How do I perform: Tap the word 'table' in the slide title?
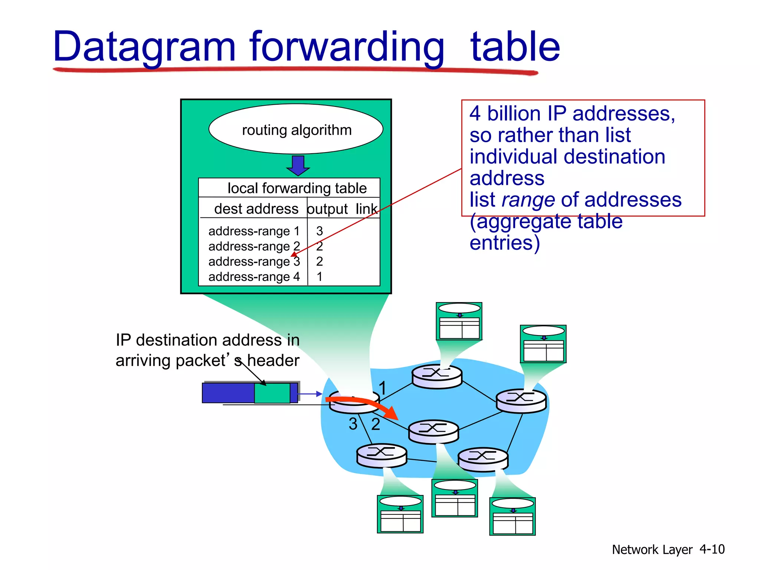(515, 47)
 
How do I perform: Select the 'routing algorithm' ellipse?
(296, 130)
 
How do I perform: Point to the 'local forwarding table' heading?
(297, 188)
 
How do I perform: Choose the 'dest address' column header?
(256, 209)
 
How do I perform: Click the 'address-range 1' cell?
(254, 231)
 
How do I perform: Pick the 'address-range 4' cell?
(254, 277)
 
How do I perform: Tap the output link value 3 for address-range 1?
(320, 231)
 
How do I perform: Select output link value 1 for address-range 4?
(320, 277)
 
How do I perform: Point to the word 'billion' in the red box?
(513, 114)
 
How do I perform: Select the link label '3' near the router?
(353, 424)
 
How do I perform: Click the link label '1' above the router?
(383, 388)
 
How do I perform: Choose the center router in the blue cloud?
(433, 432)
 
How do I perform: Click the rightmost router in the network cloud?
(521, 401)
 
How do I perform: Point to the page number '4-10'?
(711, 549)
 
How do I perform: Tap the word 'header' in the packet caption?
(273, 361)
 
